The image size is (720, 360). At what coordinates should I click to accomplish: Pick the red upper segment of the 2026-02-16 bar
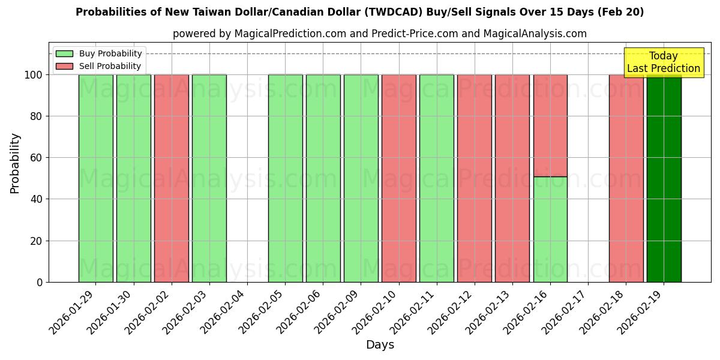[x=550, y=125]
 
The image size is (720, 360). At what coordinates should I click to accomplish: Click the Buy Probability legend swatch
[x=64, y=54]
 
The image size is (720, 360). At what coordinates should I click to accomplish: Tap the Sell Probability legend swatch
[x=64, y=67]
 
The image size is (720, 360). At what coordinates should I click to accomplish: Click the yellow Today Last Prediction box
[x=664, y=62]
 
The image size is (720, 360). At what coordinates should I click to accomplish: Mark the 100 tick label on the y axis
[x=34, y=75]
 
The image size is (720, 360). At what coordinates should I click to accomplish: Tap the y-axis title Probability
[x=15, y=163]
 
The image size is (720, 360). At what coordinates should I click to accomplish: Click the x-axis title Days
[x=380, y=345]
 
